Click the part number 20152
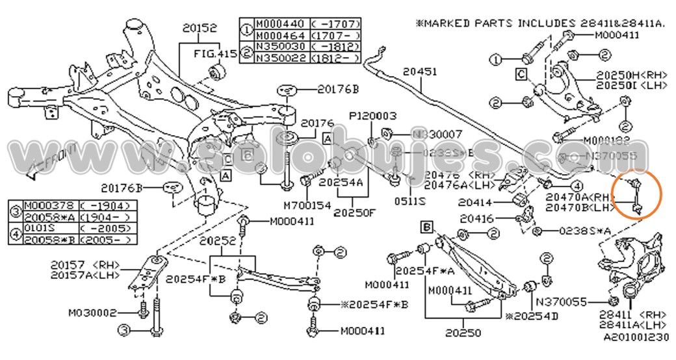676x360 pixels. [x=199, y=29]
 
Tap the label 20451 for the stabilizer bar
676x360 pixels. [x=420, y=71]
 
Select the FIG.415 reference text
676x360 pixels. [x=214, y=54]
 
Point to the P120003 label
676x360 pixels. [x=372, y=116]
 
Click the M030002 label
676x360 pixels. [x=92, y=313]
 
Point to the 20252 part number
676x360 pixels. [x=217, y=241]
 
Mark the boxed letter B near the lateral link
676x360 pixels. [x=426, y=227]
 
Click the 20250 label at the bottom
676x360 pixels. [x=465, y=333]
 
